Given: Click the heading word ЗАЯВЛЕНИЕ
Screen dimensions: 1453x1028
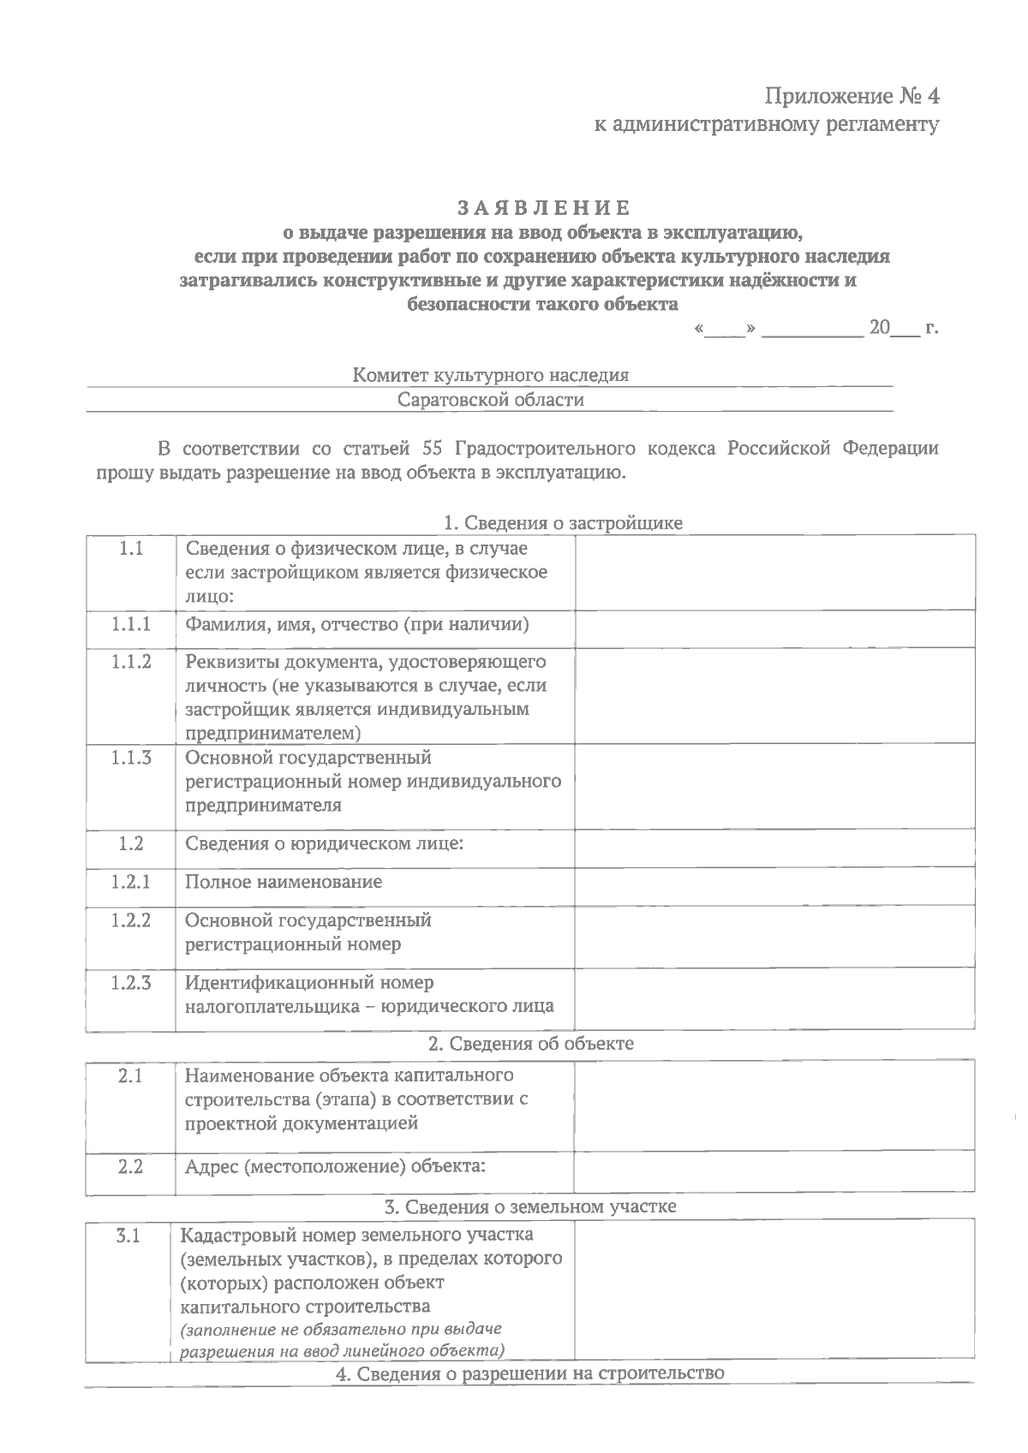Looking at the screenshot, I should click(x=544, y=208).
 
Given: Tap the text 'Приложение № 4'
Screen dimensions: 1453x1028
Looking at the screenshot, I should click(x=852, y=94).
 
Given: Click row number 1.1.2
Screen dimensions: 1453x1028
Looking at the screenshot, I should click(x=130, y=662).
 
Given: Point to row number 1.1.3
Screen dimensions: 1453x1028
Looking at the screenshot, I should click(x=130, y=758).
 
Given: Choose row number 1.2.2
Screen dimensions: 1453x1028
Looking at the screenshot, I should click(x=130, y=920).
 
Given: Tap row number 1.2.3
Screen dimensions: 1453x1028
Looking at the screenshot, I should click(x=130, y=983).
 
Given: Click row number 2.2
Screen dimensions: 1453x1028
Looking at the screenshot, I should click(x=130, y=1166).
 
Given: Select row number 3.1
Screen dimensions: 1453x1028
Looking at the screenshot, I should click(x=128, y=1236).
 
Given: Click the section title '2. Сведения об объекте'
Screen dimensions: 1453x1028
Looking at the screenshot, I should click(x=531, y=1044).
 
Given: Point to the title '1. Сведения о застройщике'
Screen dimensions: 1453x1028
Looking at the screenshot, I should click(x=562, y=523).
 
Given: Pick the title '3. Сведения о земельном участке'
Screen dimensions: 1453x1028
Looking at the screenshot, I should click(x=530, y=1206).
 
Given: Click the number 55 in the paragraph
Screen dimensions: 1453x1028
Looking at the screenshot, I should click(x=433, y=449).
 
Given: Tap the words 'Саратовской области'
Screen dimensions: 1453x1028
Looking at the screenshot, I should click(x=491, y=400).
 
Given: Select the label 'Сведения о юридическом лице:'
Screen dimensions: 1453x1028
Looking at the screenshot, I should click(x=325, y=844).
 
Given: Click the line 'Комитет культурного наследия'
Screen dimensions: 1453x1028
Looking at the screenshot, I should click(x=491, y=375).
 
